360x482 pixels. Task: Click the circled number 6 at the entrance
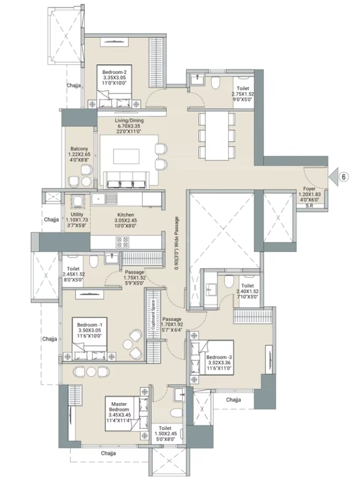point(344,177)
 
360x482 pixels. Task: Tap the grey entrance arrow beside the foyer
point(334,177)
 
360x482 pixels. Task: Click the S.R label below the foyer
point(309,206)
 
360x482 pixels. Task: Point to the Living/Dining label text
point(129,120)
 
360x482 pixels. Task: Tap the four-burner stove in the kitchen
point(122,242)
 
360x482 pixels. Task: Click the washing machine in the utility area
point(77,202)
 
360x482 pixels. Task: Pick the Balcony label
point(79,149)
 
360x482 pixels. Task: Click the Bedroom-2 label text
point(115,72)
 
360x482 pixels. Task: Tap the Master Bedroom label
point(119,407)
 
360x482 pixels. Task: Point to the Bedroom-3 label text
point(219,357)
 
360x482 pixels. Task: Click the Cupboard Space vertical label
point(153,314)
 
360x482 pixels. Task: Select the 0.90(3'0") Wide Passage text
point(176,243)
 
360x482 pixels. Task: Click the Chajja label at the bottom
point(108,453)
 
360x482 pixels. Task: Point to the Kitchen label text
point(125,215)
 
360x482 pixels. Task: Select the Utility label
point(77,215)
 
